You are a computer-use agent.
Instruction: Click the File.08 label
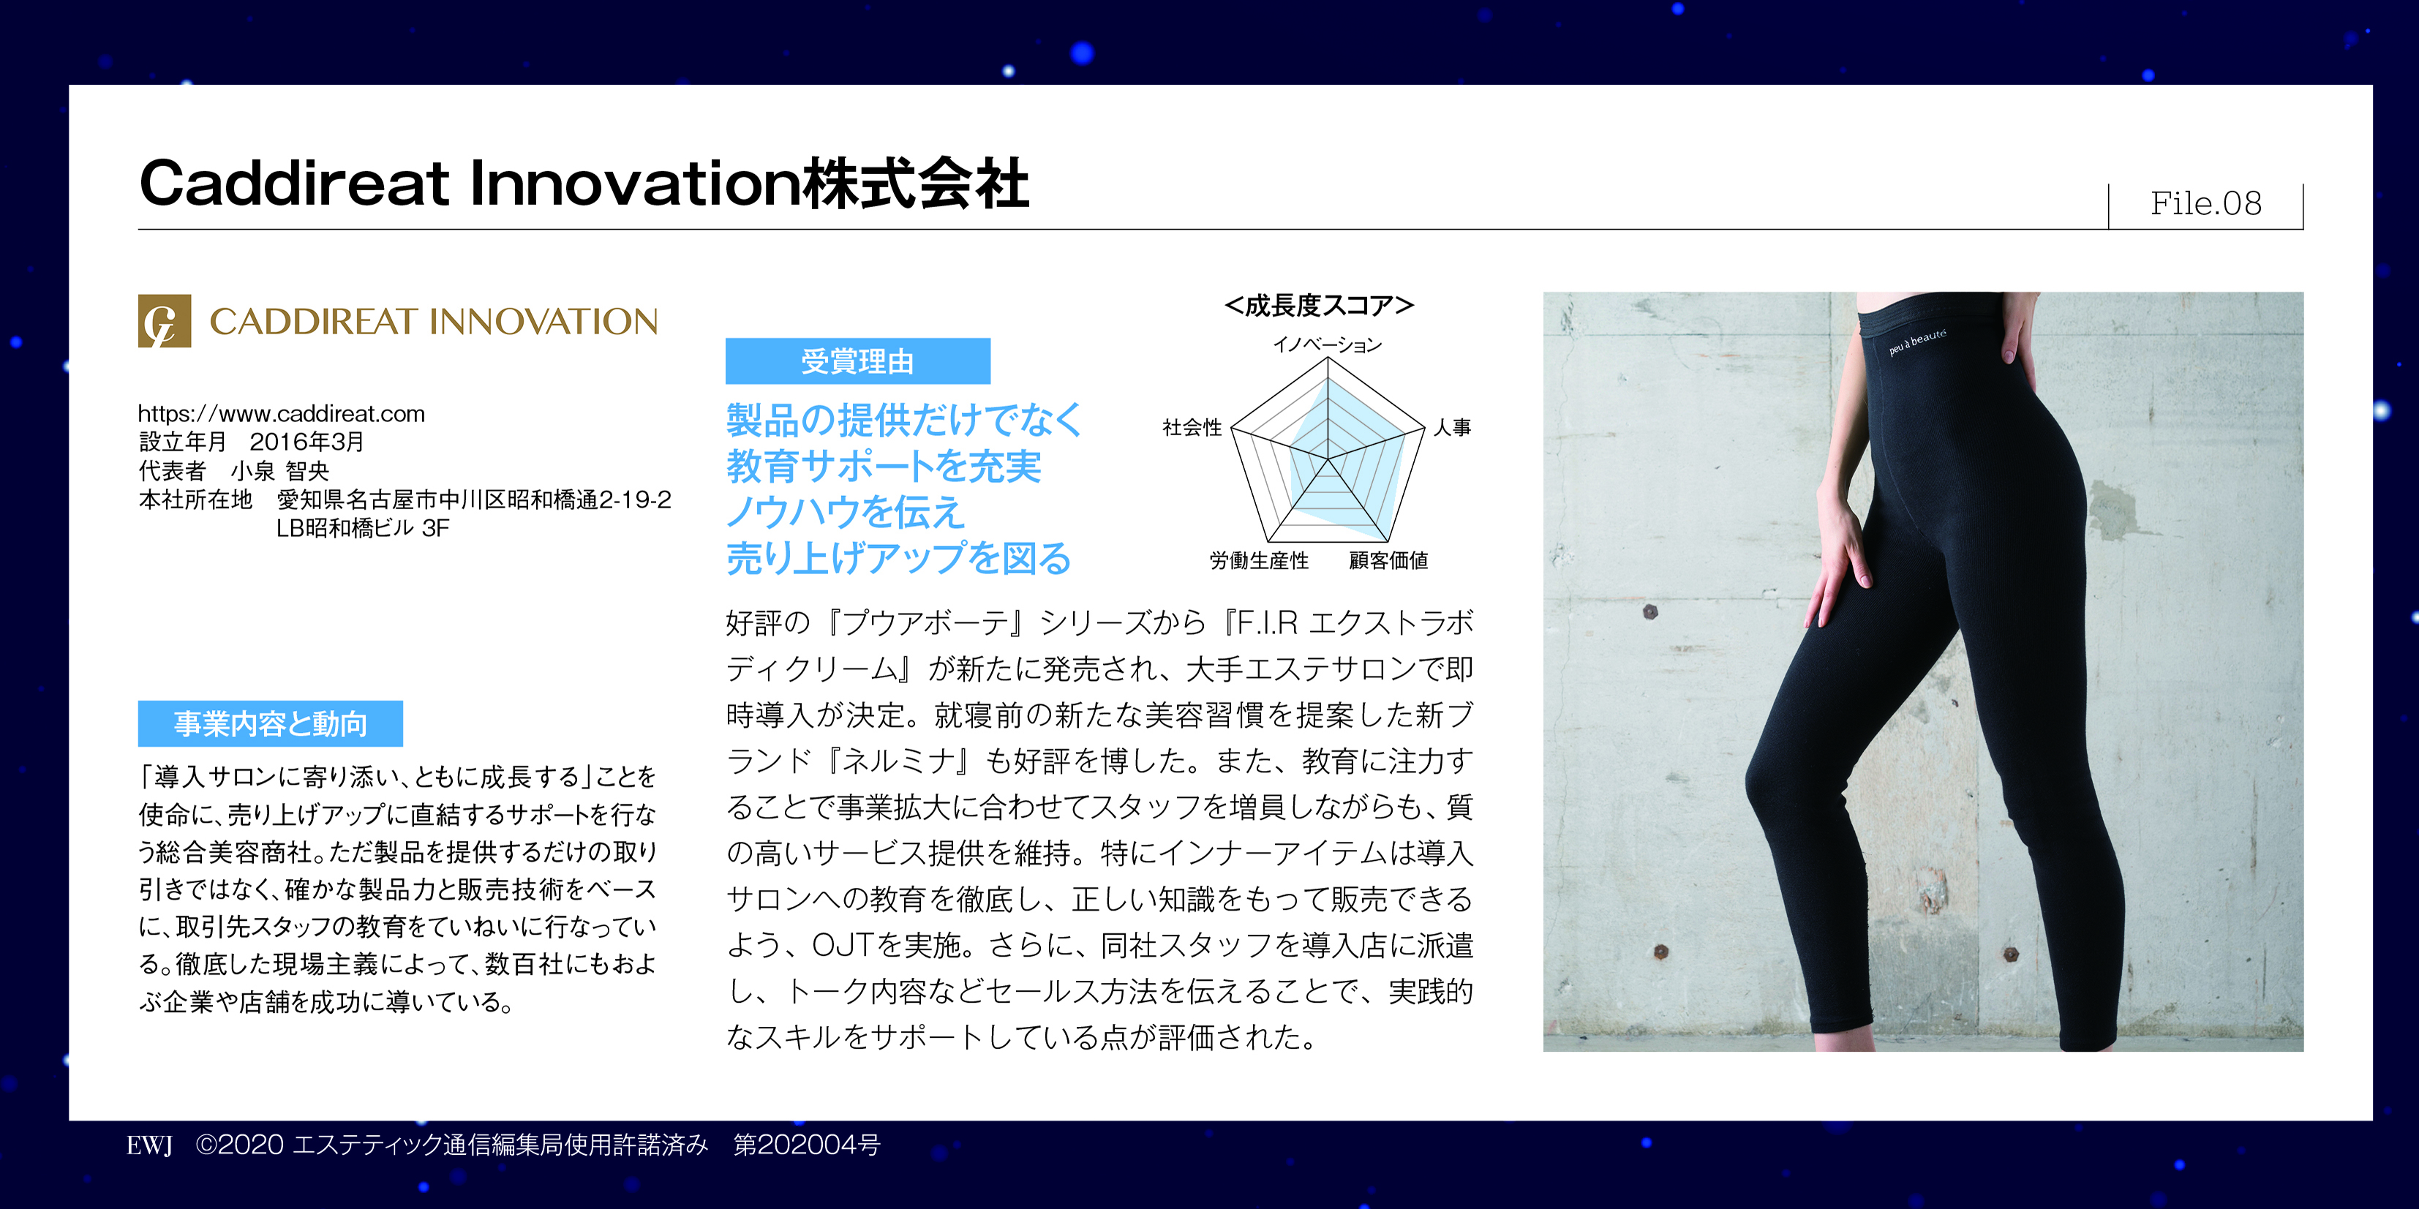2206,203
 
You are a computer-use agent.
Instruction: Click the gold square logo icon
165,321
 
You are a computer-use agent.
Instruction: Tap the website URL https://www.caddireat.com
281,414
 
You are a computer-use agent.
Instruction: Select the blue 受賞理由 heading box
857,361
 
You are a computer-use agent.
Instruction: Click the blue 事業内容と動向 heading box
271,723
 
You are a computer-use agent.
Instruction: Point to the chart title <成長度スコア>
1320,306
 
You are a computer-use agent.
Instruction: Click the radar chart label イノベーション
1327,345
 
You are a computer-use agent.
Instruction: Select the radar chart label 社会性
1192,428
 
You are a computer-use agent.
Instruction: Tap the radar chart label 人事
1453,428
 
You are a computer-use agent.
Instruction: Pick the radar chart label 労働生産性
1260,560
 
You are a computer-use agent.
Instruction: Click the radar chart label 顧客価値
1389,560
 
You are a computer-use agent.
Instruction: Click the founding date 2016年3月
306,442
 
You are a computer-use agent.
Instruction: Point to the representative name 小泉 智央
280,471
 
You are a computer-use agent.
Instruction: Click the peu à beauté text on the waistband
1917,342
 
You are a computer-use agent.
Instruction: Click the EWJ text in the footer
149,1146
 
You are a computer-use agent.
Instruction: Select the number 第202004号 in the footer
807,1145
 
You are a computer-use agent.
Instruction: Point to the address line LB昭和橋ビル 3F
363,529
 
